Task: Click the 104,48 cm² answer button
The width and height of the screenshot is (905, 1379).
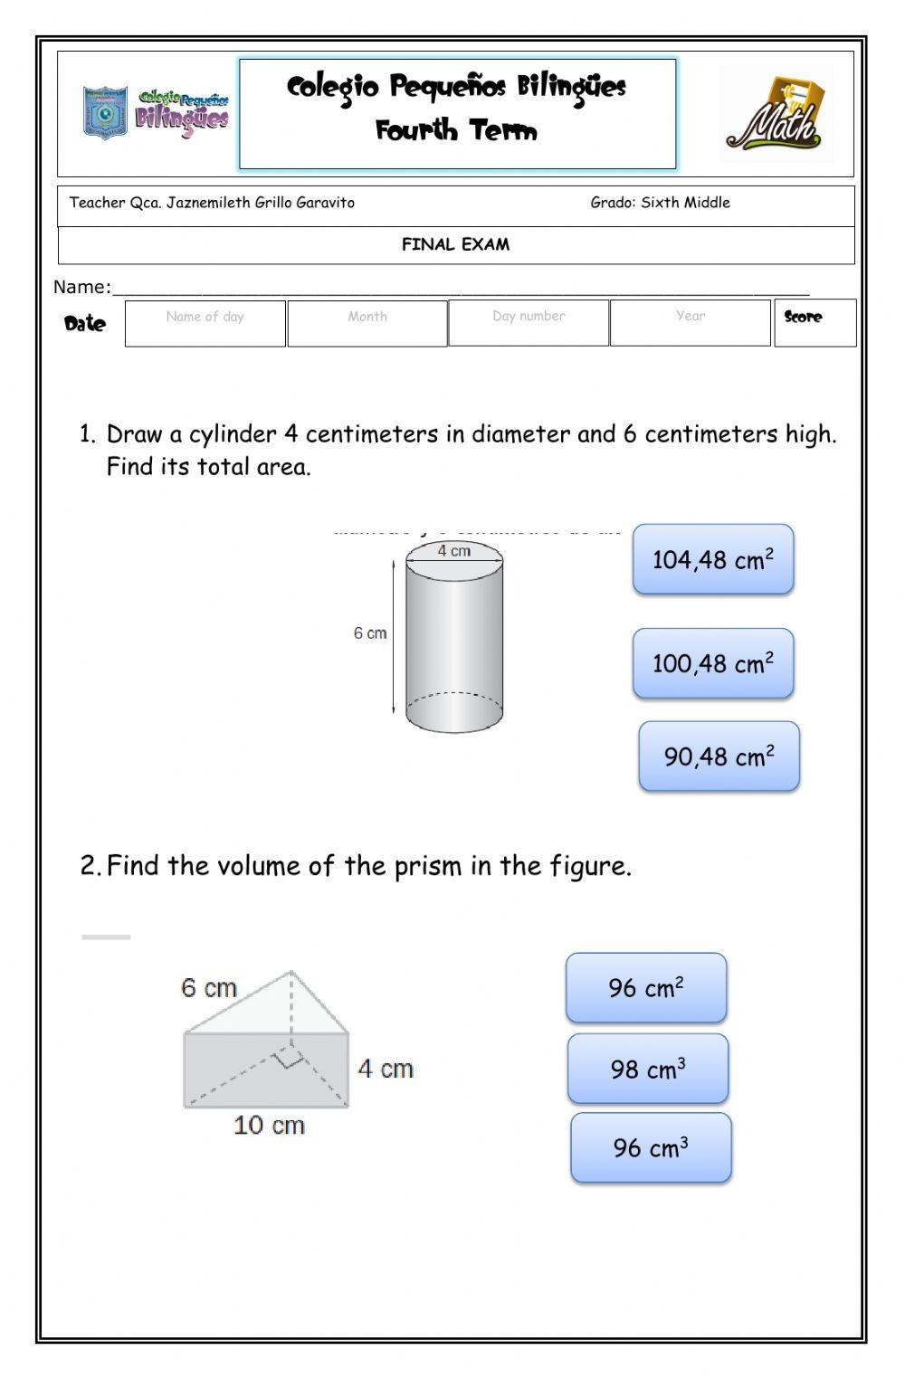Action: coord(713,559)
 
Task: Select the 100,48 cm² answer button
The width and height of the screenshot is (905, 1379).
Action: coord(713,663)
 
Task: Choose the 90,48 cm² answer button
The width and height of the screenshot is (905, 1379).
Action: coord(719,756)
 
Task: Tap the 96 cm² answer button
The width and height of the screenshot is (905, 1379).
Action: coord(646,987)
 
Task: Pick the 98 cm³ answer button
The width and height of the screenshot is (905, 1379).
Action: coord(648,1069)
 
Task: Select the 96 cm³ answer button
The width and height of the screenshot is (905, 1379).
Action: coord(651,1147)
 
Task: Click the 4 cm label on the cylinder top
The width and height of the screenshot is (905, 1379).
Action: coord(454,551)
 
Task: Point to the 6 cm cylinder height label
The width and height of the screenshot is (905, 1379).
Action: coord(369,633)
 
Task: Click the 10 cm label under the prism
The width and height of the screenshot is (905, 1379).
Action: coord(269,1126)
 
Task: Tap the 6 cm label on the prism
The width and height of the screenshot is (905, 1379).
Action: coord(208,987)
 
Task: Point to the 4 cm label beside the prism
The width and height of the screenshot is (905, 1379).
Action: coord(386,1069)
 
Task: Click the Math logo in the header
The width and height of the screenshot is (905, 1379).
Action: coord(776,116)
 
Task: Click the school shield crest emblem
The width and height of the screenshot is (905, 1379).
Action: coord(105,113)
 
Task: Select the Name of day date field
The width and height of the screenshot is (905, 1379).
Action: coord(205,324)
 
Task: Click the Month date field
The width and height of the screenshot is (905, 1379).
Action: coord(367,324)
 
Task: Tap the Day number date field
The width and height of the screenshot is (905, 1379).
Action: coord(529,323)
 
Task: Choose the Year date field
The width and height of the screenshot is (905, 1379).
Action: coord(691,323)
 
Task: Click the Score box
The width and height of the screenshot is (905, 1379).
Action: coord(814,323)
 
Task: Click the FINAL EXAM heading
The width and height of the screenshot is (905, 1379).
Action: coord(456,244)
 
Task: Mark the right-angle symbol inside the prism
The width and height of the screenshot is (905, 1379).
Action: coord(290,1056)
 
